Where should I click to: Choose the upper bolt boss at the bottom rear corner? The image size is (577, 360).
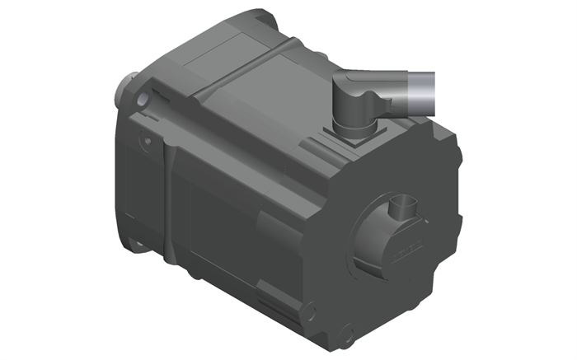[310, 311]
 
